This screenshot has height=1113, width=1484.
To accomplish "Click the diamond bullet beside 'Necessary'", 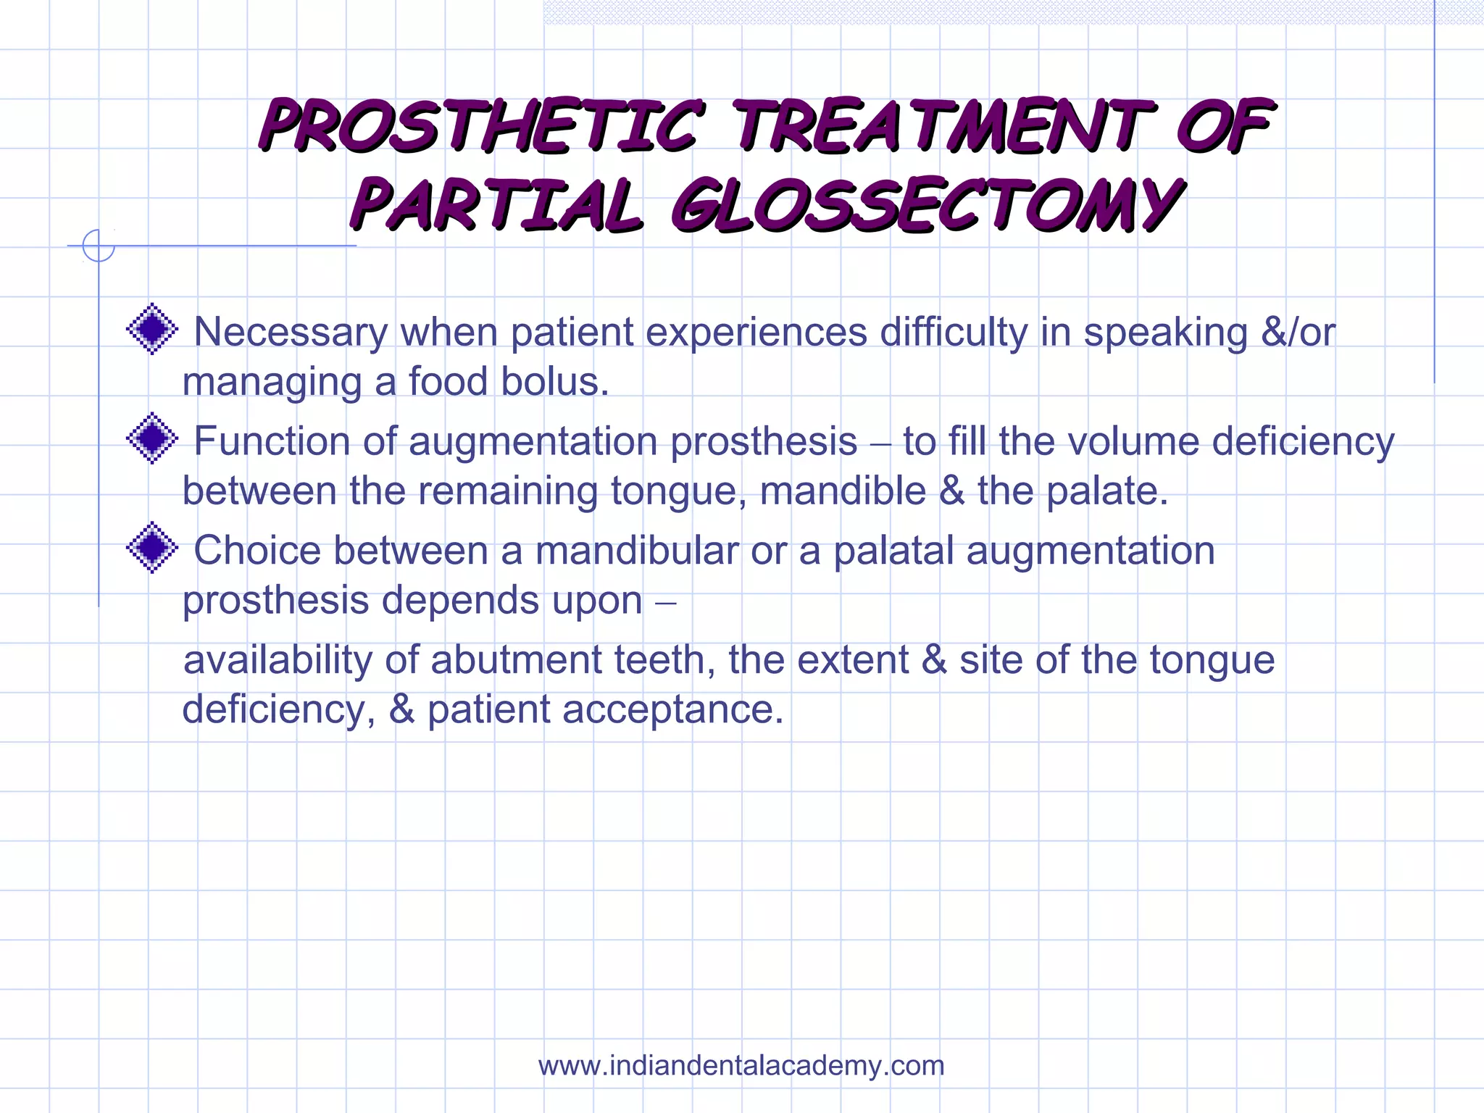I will pyautogui.click(x=152, y=329).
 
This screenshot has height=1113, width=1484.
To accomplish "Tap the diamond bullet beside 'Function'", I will pyautogui.click(x=152, y=438).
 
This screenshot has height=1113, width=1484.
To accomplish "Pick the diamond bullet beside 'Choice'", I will pyautogui.click(x=152, y=548).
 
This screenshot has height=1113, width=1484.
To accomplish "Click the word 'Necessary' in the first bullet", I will pyautogui.click(x=291, y=332).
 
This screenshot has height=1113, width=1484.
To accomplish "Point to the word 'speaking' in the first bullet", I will pyautogui.click(x=1166, y=332).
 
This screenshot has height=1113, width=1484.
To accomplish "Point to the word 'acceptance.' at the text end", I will pyautogui.click(x=673, y=709).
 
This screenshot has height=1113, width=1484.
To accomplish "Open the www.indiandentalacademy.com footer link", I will pyautogui.click(x=741, y=1066).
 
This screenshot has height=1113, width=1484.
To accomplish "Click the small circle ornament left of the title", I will pyautogui.click(x=99, y=246).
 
